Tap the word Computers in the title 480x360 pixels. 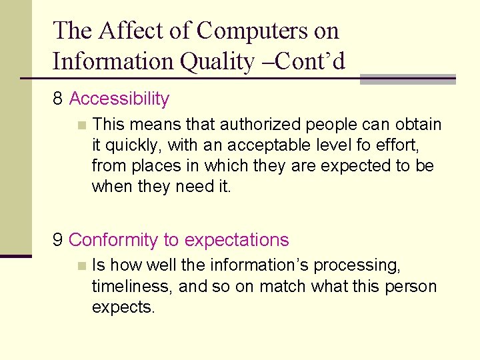point(268,31)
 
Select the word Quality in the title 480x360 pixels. point(218,61)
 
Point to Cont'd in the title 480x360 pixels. point(313,61)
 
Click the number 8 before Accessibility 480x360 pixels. point(58,99)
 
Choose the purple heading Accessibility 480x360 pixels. point(119,99)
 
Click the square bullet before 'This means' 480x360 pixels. point(81,125)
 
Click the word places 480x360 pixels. point(161,166)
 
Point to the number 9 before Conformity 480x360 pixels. point(58,240)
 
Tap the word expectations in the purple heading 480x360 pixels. point(237,240)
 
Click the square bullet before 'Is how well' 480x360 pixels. point(81,265)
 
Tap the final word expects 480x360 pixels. point(123,308)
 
